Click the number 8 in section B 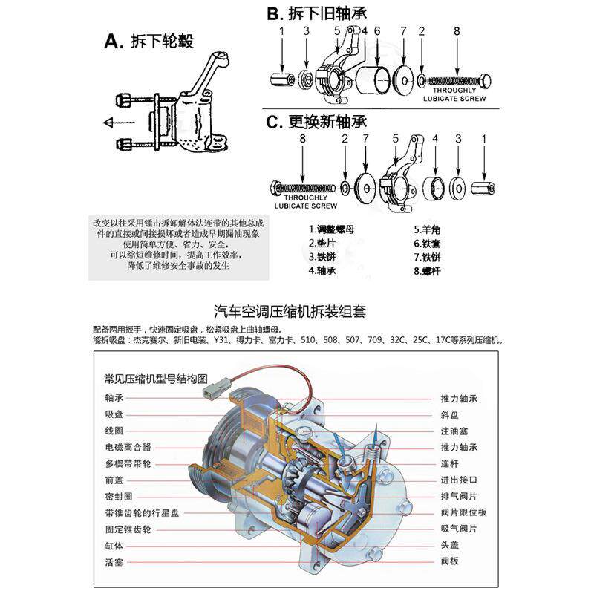457,30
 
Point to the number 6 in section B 377,30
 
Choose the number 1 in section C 485,138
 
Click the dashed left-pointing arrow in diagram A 118,121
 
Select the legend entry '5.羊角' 428,229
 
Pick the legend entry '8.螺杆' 428,271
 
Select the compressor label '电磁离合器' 128,447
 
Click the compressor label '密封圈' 118,496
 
